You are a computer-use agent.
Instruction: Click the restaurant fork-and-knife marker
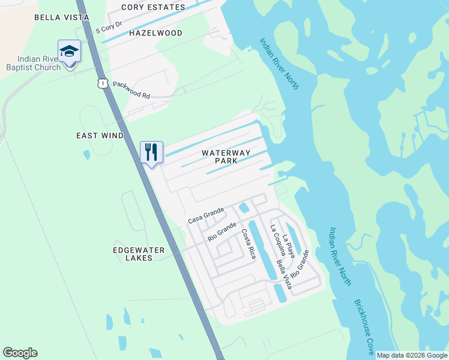coord(151,151)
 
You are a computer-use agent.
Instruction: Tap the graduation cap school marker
coord(69,51)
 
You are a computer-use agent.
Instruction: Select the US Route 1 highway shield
coord(104,83)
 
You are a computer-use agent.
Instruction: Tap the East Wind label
coord(100,136)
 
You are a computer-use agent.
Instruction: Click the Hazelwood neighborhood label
coord(156,33)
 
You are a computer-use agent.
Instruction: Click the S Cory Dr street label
coord(109,29)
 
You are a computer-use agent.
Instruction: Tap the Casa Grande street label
coord(206,215)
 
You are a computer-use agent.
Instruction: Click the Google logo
coord(20,353)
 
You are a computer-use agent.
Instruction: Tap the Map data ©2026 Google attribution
coord(412,355)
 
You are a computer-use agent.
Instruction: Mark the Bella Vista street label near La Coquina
coord(283,272)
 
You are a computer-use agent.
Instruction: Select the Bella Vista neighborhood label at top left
coord(62,17)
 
